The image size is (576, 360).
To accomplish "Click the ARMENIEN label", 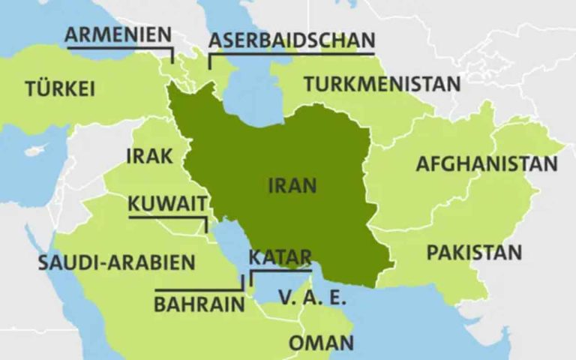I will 118,34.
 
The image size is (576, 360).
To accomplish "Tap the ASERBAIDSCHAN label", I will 291,40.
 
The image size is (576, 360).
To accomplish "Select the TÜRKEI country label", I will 60,88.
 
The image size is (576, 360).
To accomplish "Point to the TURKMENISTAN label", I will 382,83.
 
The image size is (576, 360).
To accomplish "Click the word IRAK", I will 150,156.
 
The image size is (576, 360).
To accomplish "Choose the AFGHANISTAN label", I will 487,163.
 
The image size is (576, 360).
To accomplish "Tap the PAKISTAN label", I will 474,252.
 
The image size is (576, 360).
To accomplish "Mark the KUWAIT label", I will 166,203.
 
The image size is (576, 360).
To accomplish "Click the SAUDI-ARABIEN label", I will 116,263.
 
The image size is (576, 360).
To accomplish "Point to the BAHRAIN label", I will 199,304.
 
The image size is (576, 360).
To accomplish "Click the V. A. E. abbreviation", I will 312,298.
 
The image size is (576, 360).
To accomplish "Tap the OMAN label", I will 321,343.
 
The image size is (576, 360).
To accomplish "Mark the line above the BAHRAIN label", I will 199,289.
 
